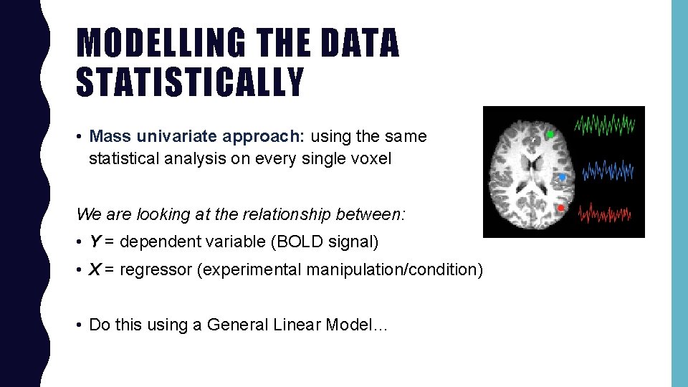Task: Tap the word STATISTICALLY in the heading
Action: pyautogui.click(x=190, y=81)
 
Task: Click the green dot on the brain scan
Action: pyautogui.click(x=550, y=135)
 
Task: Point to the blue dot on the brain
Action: pyautogui.click(x=562, y=176)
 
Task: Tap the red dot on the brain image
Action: pyautogui.click(x=560, y=208)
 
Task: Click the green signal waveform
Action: pyautogui.click(x=605, y=124)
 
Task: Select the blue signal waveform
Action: pyautogui.click(x=608, y=171)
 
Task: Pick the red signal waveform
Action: pyautogui.click(x=605, y=213)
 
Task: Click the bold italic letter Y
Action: pyautogui.click(x=94, y=242)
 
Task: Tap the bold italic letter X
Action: pyautogui.click(x=94, y=269)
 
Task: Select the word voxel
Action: pyautogui.click(x=371, y=158)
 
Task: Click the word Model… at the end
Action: pyautogui.click(x=356, y=325)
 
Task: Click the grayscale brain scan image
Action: pyautogui.click(x=529, y=173)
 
